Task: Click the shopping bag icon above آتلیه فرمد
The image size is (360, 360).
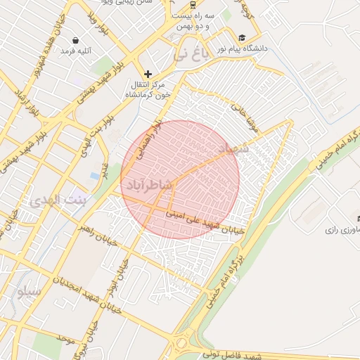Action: pyautogui.click(x=75, y=41)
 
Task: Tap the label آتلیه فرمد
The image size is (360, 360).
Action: pyautogui.click(x=77, y=51)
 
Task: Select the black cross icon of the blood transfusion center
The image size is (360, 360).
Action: pyautogui.click(x=148, y=74)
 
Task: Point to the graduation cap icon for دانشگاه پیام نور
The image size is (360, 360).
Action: pyautogui.click(x=242, y=38)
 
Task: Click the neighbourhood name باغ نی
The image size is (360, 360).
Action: pyautogui.click(x=192, y=54)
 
